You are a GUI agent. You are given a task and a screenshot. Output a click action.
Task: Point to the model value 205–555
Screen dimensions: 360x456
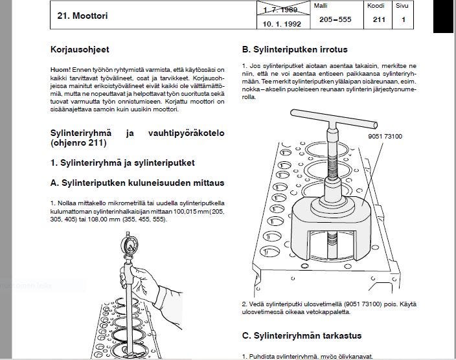click(336, 20)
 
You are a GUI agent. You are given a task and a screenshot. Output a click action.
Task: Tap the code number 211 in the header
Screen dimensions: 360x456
click(379, 20)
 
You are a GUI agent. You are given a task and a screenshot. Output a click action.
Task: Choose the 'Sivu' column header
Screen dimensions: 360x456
click(403, 5)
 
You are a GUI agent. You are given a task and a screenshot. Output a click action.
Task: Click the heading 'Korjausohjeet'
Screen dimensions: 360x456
click(79, 49)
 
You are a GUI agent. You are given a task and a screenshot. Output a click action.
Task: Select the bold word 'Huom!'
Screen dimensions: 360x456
click(61, 69)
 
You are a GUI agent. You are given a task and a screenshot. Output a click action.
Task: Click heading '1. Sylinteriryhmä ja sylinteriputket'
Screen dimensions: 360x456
click(123, 163)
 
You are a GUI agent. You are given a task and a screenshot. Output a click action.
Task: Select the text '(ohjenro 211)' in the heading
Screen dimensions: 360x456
click(78, 142)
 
